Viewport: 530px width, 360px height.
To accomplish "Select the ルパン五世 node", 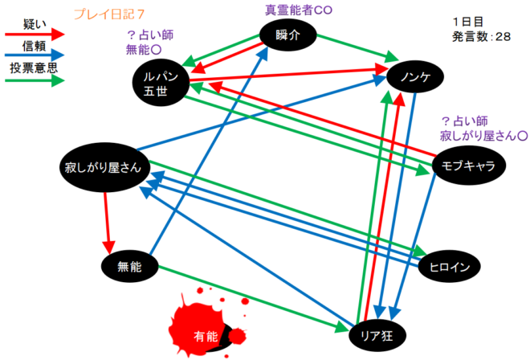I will tap(161, 80).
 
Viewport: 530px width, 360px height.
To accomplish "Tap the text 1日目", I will tap(467, 22).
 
